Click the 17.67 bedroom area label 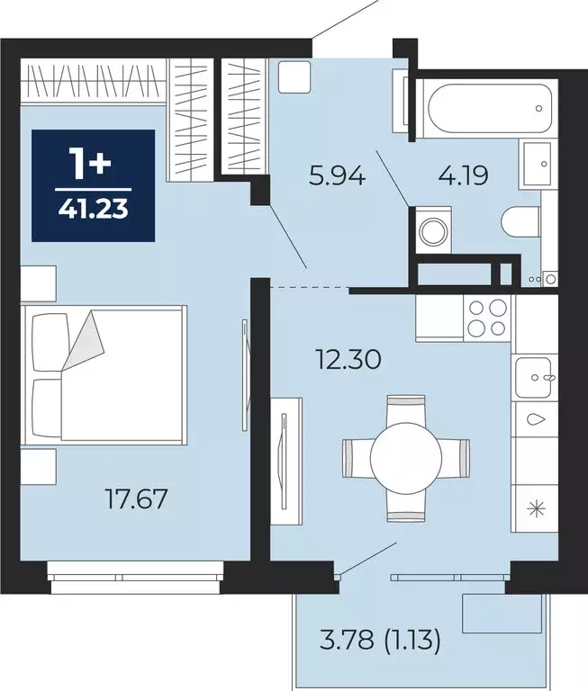pyautogui.click(x=136, y=499)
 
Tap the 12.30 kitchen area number pyautogui.click(x=348, y=359)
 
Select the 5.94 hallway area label pyautogui.click(x=338, y=176)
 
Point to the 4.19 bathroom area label pyautogui.click(x=463, y=176)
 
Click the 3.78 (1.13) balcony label pyautogui.click(x=380, y=640)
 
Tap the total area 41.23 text pyautogui.click(x=93, y=209)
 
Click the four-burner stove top pyautogui.click(x=487, y=319)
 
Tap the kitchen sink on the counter pyautogui.click(x=534, y=377)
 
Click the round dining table pyautogui.click(x=406, y=458)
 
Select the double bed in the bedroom pyautogui.click(x=104, y=374)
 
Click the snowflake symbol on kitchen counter pyautogui.click(x=537, y=509)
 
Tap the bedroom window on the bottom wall pyautogui.click(x=136, y=577)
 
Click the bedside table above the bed pyautogui.click(x=39, y=283)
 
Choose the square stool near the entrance pyautogui.click(x=295, y=76)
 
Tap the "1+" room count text pyautogui.click(x=92, y=165)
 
